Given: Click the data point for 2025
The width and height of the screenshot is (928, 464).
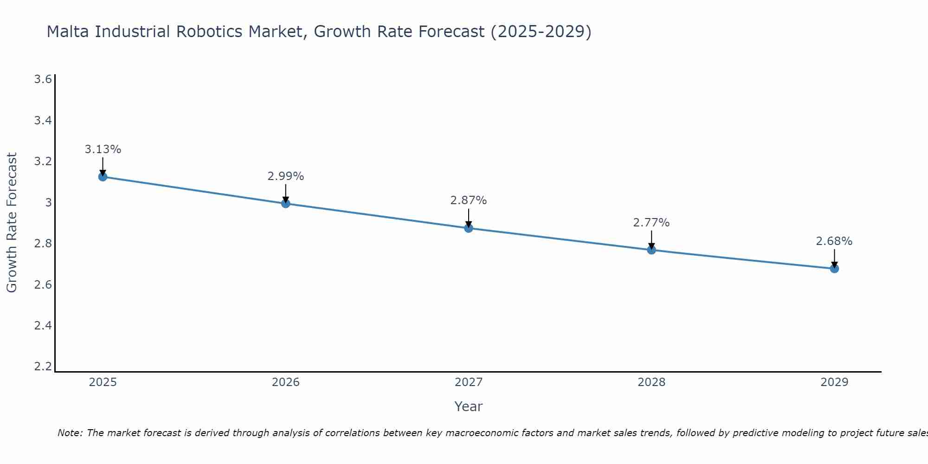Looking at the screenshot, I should pos(103,177).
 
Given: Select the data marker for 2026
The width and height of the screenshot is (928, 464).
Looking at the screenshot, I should pos(286,203).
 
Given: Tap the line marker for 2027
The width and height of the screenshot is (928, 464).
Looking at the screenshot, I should pos(469,228).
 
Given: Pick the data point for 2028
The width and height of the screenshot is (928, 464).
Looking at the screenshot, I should pos(651,250).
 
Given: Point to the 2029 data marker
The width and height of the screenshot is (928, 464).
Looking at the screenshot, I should pos(834,268).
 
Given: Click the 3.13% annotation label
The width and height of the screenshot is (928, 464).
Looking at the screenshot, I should pos(103,149).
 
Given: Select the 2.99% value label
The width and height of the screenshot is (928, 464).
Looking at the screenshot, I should pos(286,176).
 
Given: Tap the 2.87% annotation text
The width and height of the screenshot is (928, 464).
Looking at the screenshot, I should pos(469,200).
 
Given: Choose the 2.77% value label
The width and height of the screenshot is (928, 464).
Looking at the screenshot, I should pos(651,223).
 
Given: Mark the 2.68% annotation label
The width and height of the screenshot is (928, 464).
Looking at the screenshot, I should pos(834,241).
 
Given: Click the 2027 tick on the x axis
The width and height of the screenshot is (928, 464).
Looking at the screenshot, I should pos(469,382).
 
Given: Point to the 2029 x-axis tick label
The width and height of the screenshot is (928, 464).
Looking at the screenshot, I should pos(834,382).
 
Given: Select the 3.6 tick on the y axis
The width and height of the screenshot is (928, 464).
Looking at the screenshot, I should pos(43,79).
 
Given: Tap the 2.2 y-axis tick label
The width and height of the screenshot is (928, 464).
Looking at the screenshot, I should pos(43,367).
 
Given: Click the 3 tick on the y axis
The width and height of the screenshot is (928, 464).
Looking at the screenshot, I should pos(48,202).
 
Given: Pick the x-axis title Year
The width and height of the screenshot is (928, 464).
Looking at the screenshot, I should pos(469,406).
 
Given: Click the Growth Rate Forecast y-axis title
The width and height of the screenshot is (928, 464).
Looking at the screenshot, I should pos(12,223).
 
